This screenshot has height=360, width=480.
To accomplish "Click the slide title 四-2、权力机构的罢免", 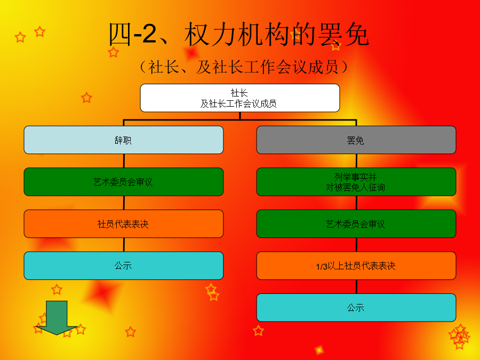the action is coord(239,34).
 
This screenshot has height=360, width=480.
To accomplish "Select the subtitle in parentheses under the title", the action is coord(244,67).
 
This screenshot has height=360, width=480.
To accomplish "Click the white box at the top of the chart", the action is coord(239,98).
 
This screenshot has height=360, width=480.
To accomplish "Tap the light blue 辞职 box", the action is coord(124,140).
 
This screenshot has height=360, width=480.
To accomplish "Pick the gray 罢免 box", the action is coord(356,140).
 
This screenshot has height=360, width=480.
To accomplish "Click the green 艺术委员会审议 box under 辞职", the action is coord(124,182).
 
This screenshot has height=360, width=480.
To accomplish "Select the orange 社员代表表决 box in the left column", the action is coord(124,224).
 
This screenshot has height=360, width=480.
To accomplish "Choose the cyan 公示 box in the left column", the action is coord(124,266).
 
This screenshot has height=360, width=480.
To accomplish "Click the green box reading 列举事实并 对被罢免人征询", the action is coord(356,182).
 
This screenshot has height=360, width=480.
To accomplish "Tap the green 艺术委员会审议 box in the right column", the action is coord(356,224).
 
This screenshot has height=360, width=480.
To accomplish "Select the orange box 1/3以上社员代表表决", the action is coord(356,266).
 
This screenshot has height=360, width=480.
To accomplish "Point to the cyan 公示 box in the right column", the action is coord(356,308).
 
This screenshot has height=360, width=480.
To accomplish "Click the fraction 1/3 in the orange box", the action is coord(322,267).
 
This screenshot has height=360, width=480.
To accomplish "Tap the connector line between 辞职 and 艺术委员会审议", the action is coord(124,161).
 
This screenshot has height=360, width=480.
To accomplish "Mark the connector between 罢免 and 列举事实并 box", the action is coord(356,161).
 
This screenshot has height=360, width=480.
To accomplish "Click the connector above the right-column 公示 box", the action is coord(356,286).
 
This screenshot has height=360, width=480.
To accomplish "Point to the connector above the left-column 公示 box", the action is coord(124,245).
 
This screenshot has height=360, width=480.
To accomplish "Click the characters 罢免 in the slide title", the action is coord(343,34).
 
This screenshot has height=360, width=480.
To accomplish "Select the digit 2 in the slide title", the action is coord(149,34).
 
